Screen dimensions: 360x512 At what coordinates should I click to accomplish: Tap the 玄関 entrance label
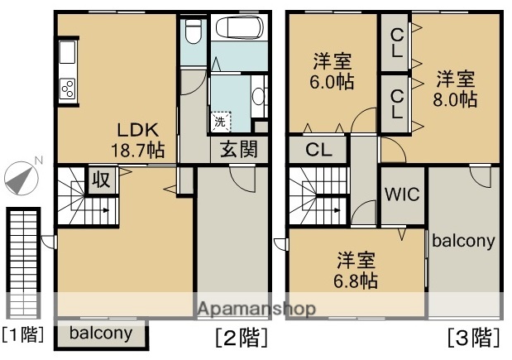[x=237, y=150]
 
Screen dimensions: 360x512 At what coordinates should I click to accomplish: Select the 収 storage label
[x=99, y=179]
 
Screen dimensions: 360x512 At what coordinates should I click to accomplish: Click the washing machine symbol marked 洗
[x=220, y=122]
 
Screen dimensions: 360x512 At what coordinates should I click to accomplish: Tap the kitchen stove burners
[x=67, y=87]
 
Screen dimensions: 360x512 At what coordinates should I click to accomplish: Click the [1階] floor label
[x=22, y=335]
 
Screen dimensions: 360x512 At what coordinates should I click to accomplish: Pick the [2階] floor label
[x=241, y=338]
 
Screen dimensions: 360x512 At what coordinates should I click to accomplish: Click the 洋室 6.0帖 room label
[x=332, y=71]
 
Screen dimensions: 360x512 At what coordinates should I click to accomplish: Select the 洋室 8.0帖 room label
[x=456, y=89]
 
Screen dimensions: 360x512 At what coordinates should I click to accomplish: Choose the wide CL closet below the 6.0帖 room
[x=318, y=151]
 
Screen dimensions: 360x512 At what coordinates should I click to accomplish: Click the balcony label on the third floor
[x=463, y=242]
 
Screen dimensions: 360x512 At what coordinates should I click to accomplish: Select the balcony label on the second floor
[x=100, y=334]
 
